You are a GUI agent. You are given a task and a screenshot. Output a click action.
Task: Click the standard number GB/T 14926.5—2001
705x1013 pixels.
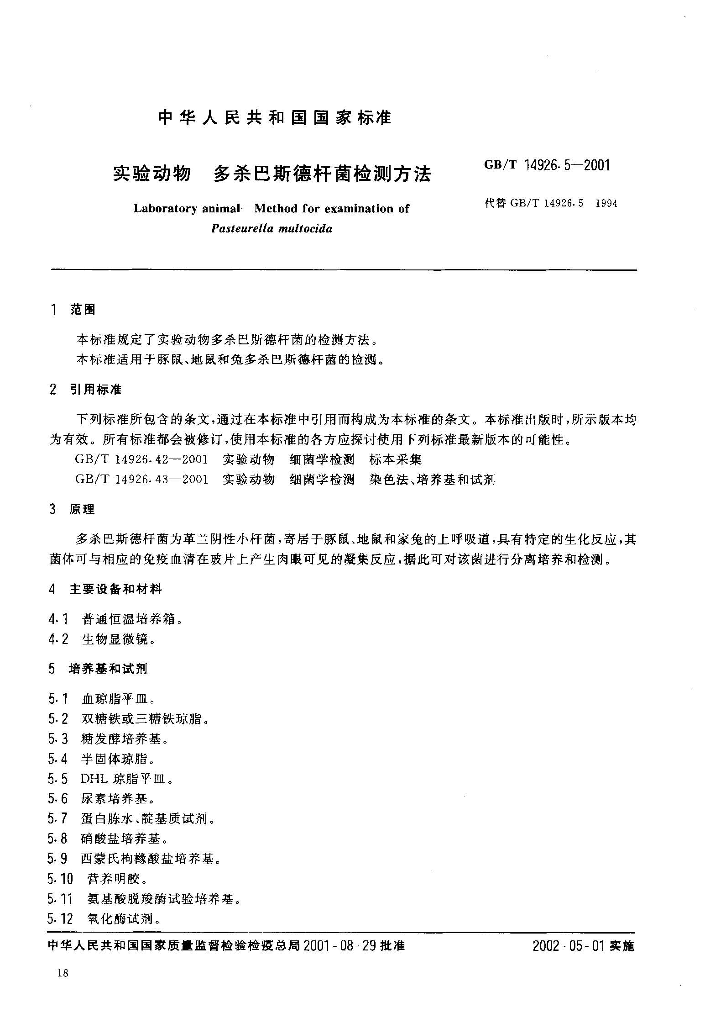click(x=547, y=165)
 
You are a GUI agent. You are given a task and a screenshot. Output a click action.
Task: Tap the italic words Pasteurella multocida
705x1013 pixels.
click(x=272, y=228)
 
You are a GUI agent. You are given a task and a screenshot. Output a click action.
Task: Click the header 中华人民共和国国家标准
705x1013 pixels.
click(x=274, y=118)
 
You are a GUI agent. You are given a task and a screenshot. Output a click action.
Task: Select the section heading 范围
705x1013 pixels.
click(x=83, y=310)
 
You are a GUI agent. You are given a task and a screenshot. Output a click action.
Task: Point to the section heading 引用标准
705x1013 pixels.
click(x=96, y=390)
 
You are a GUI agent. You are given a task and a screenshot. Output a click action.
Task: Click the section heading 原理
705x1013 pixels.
click(x=82, y=509)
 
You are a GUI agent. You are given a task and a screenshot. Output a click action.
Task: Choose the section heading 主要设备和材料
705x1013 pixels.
click(x=115, y=589)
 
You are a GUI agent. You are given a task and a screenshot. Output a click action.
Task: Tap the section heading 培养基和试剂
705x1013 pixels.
click(x=108, y=669)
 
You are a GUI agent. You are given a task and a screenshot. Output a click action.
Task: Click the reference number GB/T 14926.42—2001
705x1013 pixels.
click(x=141, y=459)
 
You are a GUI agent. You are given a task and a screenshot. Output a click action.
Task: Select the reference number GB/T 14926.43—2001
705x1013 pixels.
click(x=141, y=479)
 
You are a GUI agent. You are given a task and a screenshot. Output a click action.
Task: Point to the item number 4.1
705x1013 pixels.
click(x=58, y=619)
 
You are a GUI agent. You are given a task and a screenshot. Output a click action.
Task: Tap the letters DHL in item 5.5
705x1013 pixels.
click(x=93, y=779)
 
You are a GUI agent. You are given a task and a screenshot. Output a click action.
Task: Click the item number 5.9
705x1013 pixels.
click(x=57, y=859)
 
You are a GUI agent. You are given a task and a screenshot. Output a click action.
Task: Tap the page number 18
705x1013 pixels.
click(x=63, y=973)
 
